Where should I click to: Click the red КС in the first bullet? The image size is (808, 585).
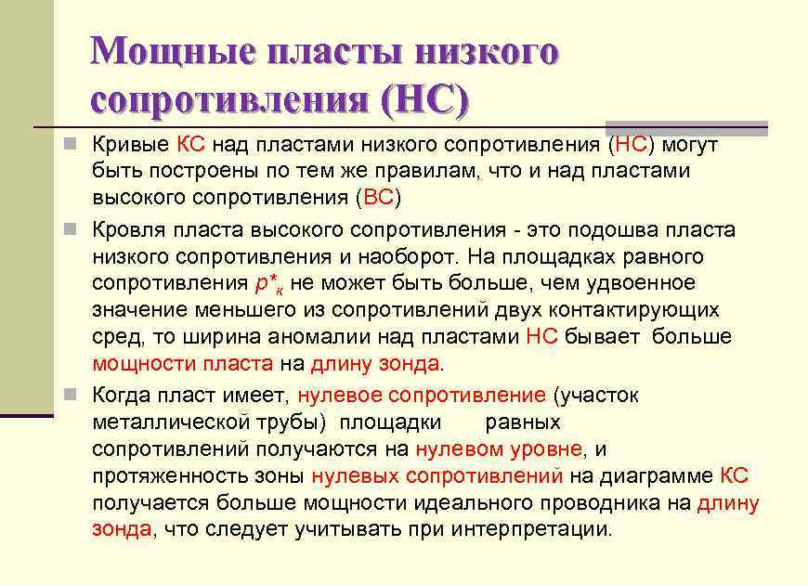coord(192,144)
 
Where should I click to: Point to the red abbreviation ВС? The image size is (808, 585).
coord(379,197)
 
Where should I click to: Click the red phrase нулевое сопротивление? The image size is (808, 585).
coord(422,396)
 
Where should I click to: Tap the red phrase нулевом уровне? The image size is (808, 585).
coord(499,449)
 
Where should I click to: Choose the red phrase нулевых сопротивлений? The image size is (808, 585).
coord(437,476)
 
